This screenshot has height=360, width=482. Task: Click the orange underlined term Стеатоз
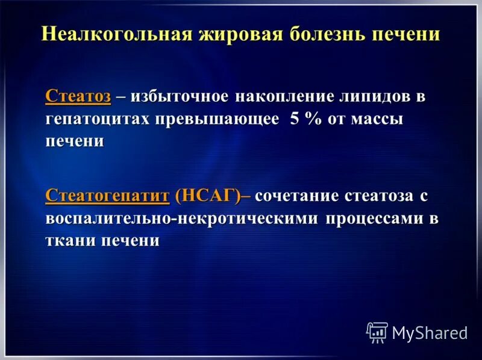(x=78, y=97)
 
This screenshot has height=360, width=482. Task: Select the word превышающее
(x=218, y=119)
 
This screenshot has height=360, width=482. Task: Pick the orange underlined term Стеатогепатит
(x=107, y=196)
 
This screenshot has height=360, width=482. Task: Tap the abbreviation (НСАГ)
(x=207, y=196)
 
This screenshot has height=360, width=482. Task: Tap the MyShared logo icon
(x=377, y=332)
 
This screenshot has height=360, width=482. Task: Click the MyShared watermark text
(x=430, y=333)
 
